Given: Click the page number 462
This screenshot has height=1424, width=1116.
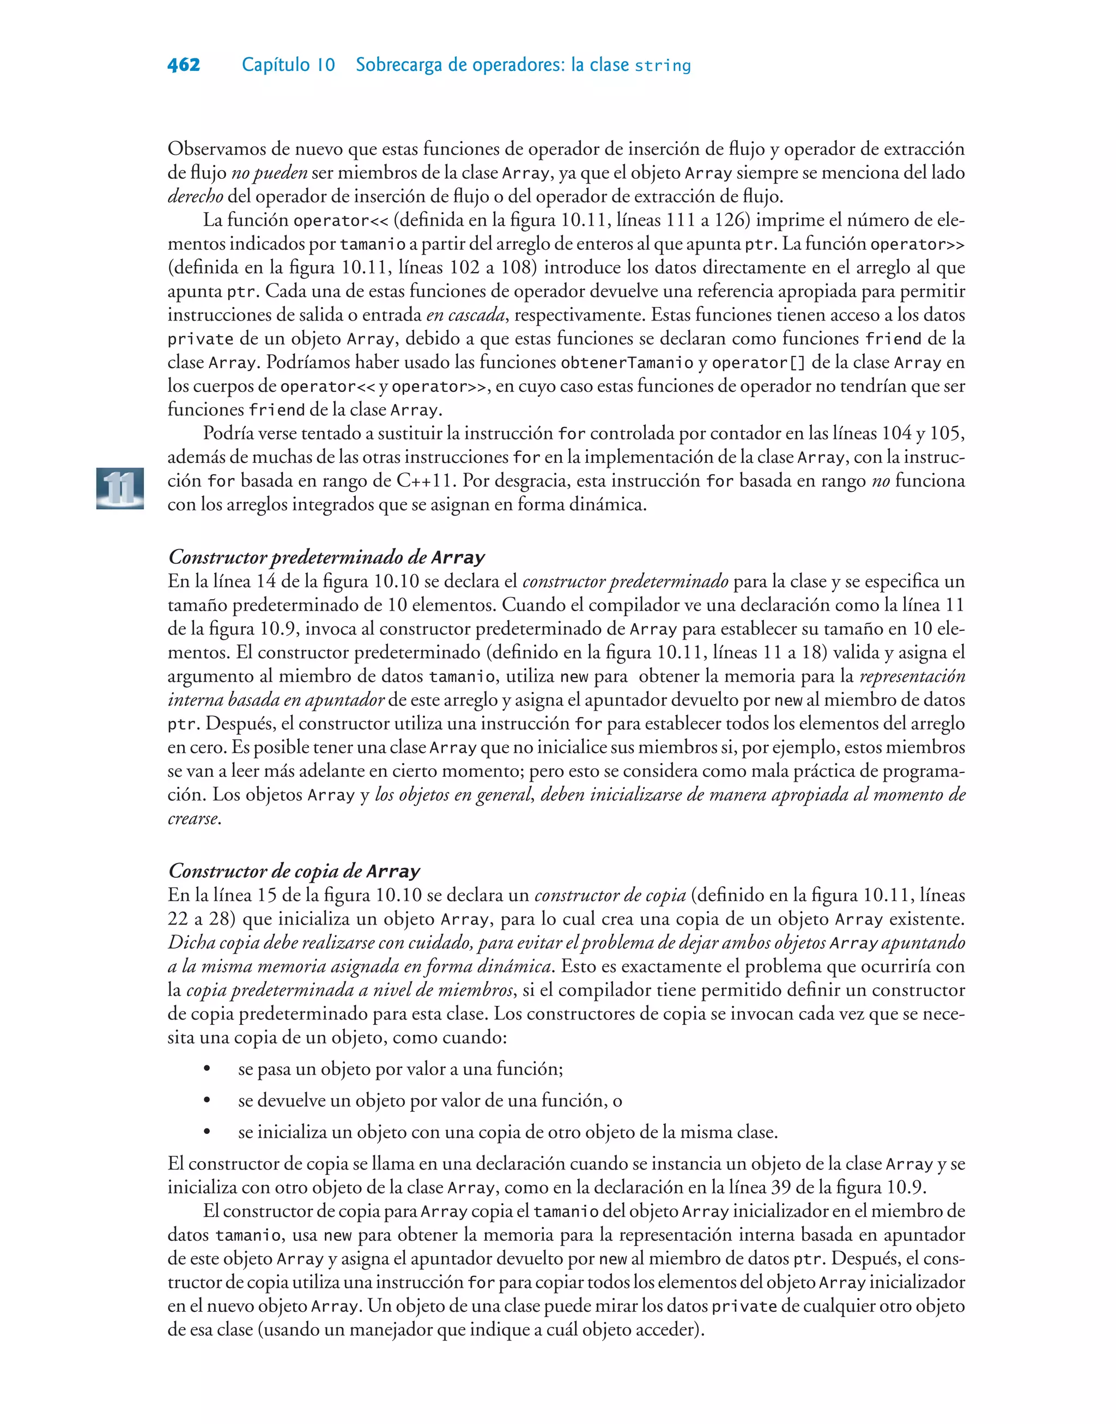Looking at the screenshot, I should pyautogui.click(x=184, y=65).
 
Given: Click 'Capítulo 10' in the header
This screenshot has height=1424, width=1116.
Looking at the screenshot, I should pyautogui.click(x=288, y=65).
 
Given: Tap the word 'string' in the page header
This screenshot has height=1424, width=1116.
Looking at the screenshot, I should pyautogui.click(x=663, y=66).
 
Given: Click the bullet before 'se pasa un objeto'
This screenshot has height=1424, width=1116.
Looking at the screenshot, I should pyautogui.click(x=207, y=1069).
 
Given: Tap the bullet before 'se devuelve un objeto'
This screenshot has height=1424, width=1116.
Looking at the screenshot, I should pyautogui.click(x=207, y=1101).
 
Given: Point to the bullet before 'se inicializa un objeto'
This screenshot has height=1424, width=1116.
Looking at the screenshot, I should pyautogui.click(x=207, y=1132).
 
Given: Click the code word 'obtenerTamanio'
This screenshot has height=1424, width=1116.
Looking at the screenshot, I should pyautogui.click(x=627, y=363).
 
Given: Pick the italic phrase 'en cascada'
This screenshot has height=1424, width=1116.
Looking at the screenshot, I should pyautogui.click(x=465, y=315).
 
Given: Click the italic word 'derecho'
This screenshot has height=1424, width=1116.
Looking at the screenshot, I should pyautogui.click(x=196, y=196).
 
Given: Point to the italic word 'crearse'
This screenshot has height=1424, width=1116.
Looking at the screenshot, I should pyautogui.click(x=193, y=818).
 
